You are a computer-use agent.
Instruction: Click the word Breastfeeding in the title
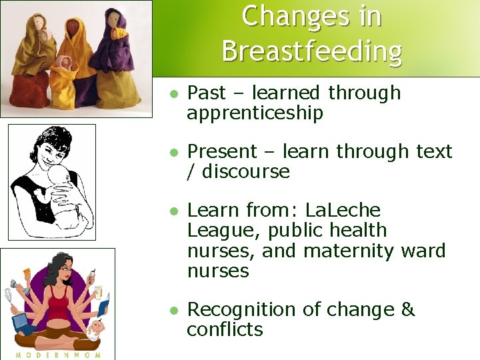point(312,51)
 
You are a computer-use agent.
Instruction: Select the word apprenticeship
point(255,113)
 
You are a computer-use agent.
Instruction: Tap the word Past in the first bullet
point(207,93)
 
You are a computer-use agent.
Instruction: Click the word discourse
point(246,171)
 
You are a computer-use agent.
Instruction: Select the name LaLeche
point(343,211)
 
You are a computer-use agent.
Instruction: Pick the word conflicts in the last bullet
point(225,329)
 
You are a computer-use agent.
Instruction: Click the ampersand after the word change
point(408,310)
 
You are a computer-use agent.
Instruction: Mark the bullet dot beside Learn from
point(173,211)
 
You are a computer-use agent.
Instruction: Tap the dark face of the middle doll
point(72,29)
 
